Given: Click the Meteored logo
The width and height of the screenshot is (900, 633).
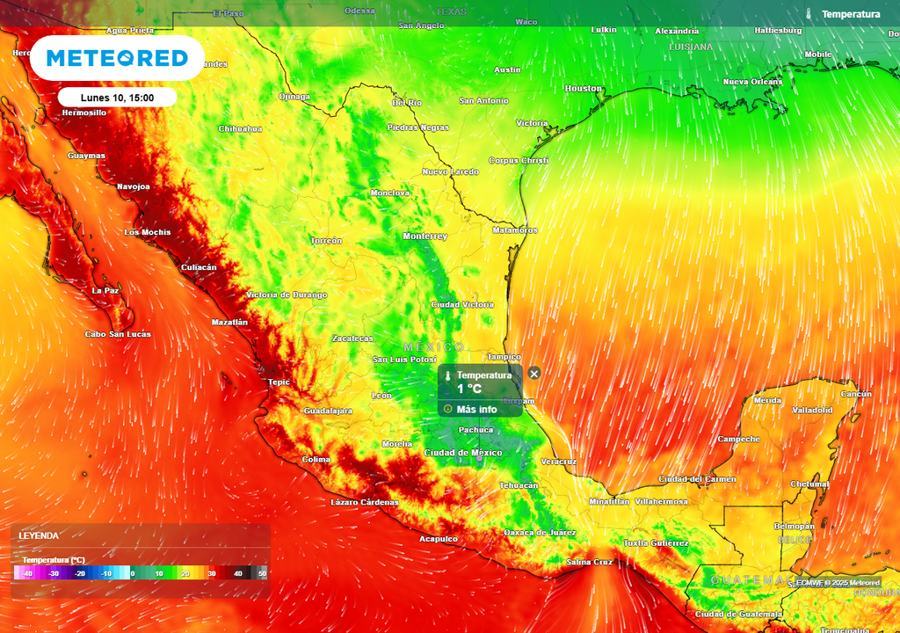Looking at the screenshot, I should (117, 59).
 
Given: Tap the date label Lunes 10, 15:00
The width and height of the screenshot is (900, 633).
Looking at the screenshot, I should (117, 98).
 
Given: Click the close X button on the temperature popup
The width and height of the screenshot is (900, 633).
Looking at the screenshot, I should (534, 374).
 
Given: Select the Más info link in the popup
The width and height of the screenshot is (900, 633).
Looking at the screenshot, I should (476, 409).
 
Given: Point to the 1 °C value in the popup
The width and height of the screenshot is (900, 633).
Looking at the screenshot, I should (469, 389).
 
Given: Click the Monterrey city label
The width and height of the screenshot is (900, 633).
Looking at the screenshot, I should (425, 236).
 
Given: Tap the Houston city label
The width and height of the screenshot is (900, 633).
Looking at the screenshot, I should (583, 89).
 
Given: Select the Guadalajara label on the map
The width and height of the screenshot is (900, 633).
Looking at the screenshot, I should (328, 411).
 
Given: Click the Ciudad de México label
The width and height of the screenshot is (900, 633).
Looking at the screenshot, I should (463, 453).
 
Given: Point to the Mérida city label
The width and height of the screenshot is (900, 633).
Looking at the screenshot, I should (767, 400).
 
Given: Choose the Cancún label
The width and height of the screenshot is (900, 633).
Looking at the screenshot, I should (856, 394).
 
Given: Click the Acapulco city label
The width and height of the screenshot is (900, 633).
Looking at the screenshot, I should (438, 539).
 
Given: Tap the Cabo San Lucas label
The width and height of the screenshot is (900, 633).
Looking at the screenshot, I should (118, 334).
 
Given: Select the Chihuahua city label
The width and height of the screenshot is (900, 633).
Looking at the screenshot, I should (240, 128).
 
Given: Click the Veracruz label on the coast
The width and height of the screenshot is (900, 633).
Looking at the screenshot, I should (559, 462).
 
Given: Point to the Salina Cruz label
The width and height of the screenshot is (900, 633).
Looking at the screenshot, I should (590, 562).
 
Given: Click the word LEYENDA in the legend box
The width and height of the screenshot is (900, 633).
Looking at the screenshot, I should (40, 535).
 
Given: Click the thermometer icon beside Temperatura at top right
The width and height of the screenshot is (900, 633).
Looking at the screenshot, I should (809, 14).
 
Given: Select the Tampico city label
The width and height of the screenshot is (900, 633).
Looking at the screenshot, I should (504, 357).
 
